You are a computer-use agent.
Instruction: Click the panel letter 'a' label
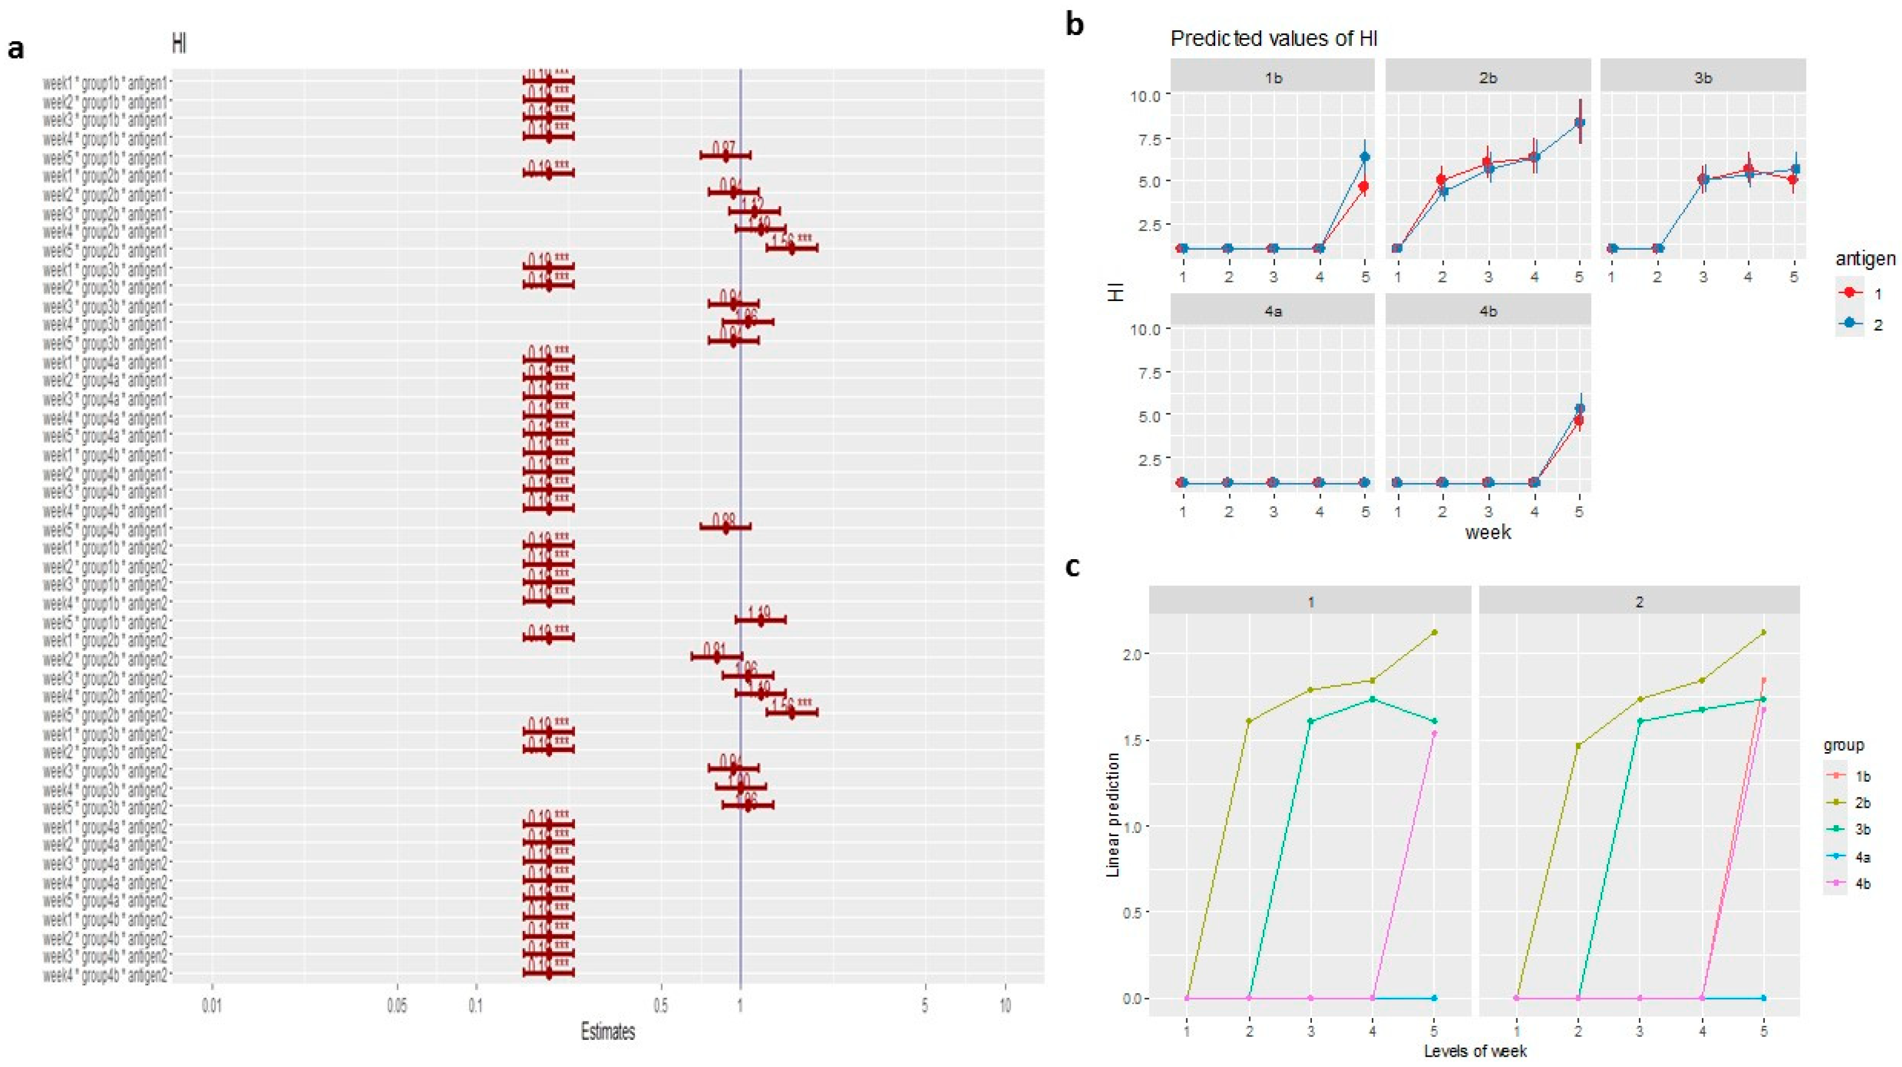coord(16,50)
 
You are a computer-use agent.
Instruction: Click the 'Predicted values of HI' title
coord(1274,39)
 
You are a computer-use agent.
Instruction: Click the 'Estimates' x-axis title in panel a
coord(608,1031)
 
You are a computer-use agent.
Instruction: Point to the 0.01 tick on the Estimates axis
coord(213,1006)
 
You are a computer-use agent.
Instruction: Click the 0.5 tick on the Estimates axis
coord(661,1006)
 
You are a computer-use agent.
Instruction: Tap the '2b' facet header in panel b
coord(1488,77)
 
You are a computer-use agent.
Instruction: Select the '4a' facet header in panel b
coord(1272,311)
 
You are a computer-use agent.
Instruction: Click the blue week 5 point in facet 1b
coord(1365,157)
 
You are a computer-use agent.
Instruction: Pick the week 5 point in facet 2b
coord(1579,123)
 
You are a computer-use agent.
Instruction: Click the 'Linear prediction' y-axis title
coord(1114,814)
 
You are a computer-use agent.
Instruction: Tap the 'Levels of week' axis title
coord(1475,1050)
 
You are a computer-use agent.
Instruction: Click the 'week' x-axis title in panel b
coord(1488,531)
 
